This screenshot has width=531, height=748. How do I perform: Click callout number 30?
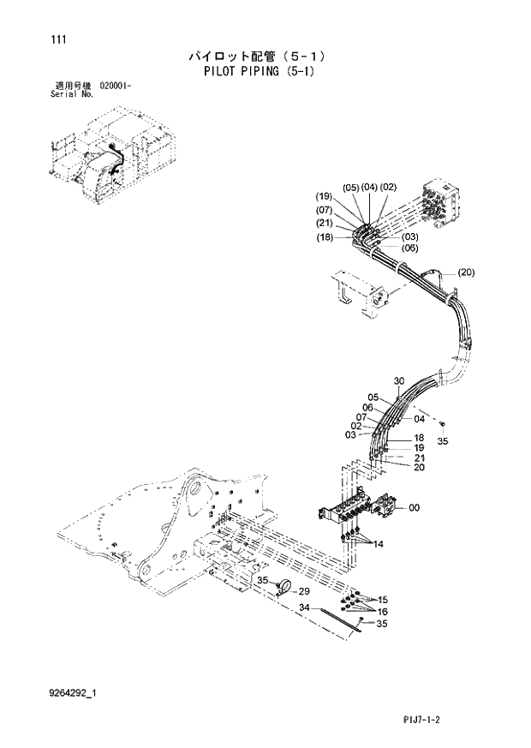click(398, 381)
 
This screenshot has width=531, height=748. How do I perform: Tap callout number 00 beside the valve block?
click(414, 508)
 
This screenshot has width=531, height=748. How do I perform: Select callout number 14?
click(379, 544)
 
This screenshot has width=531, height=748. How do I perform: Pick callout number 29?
click(303, 592)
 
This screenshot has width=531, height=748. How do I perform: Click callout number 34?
click(303, 607)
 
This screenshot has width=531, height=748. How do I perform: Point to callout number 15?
click(383, 600)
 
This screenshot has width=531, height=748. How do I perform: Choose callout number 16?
click(383, 612)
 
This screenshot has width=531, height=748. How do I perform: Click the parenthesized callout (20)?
click(466, 273)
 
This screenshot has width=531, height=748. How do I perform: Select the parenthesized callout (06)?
click(409, 248)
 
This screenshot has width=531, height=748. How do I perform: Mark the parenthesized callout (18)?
click(324, 236)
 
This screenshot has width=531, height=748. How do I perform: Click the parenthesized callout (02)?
click(388, 188)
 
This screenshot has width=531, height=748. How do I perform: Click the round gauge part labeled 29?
click(284, 586)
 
